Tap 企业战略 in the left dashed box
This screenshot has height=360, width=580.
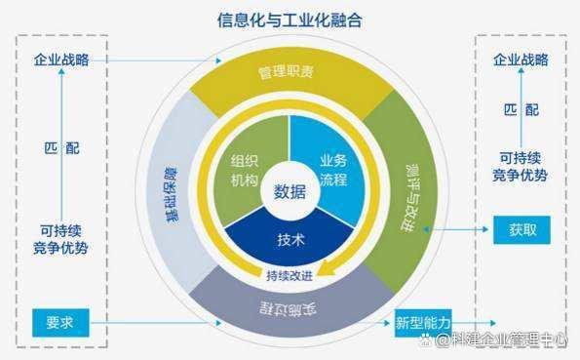[61, 60]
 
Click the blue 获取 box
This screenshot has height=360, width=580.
[522, 230]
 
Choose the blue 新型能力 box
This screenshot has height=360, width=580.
[422, 321]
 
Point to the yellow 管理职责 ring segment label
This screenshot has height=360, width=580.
[287, 73]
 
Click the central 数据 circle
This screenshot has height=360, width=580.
[290, 190]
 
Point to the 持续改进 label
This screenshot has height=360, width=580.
[290, 277]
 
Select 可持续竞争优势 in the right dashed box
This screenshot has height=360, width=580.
[520, 167]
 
